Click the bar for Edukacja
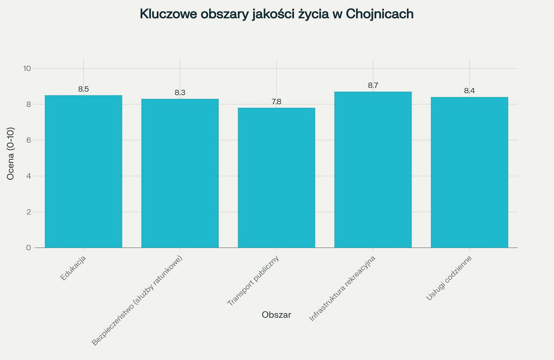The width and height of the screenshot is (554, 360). (x=83, y=171)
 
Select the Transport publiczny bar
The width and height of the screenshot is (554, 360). (x=276, y=178)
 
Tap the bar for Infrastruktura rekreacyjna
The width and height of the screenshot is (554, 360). (x=373, y=169)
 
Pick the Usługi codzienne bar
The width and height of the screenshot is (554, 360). (x=469, y=172)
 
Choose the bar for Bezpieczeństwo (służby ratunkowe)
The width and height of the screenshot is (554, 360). (x=180, y=173)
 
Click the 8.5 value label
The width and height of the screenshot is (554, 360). (x=83, y=89)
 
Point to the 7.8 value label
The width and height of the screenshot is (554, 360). (x=276, y=102)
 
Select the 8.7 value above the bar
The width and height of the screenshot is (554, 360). (x=373, y=86)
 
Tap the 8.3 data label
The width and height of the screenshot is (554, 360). (x=180, y=93)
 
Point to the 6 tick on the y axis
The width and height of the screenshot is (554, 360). (x=29, y=140)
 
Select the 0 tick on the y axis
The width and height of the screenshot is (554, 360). (x=29, y=248)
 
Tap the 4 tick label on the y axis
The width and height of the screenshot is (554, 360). (x=29, y=176)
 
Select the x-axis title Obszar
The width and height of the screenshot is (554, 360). (x=276, y=315)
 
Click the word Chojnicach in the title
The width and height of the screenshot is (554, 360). (x=380, y=14)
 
